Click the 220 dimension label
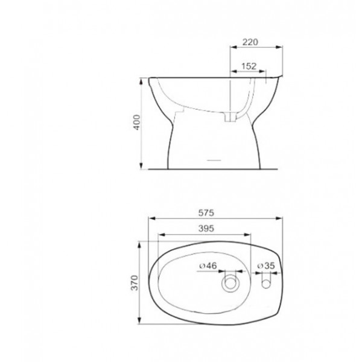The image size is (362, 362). (250, 42)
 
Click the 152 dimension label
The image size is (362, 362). (249, 66)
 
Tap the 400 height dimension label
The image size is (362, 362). (137, 122)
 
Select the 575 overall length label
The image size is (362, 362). (206, 212)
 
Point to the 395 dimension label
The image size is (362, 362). (206, 228)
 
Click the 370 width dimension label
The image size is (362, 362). (135, 282)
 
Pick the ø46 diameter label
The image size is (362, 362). (208, 265)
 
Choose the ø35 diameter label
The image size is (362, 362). (266, 265)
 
